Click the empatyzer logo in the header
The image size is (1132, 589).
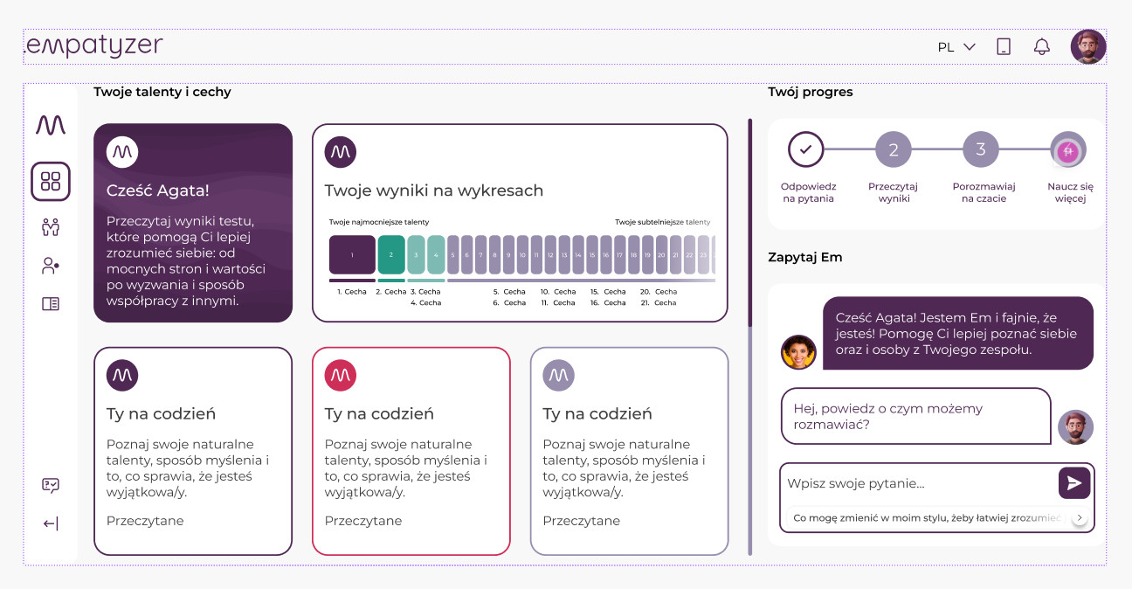pyautogui.click(x=94, y=45)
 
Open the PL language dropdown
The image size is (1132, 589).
pyautogui.click(x=956, y=47)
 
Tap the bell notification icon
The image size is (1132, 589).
pyautogui.click(x=1041, y=47)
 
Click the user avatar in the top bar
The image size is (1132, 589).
pyautogui.click(x=1087, y=47)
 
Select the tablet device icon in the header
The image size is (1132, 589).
pyautogui.click(x=1004, y=47)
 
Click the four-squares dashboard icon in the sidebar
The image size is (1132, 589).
pyautogui.click(x=51, y=182)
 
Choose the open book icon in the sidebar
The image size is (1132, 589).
pyautogui.click(x=51, y=304)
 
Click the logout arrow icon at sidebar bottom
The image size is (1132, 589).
pyautogui.click(x=51, y=523)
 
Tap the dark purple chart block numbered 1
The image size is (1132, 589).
pyautogui.click(x=352, y=255)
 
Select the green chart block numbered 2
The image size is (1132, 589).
pyautogui.click(x=391, y=255)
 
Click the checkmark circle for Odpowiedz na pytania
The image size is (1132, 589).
pyautogui.click(x=805, y=149)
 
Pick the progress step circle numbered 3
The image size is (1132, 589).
pyautogui.click(x=980, y=149)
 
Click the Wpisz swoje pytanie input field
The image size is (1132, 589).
pyautogui.click(x=917, y=483)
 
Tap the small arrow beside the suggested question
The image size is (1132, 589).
pyautogui.click(x=1080, y=518)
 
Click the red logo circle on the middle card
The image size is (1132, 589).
pyautogui.click(x=341, y=375)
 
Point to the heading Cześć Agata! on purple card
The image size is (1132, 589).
pyautogui.click(x=158, y=190)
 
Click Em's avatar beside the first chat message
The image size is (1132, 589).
pyautogui.click(x=798, y=352)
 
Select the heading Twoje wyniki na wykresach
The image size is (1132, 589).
pyautogui.click(x=434, y=191)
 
